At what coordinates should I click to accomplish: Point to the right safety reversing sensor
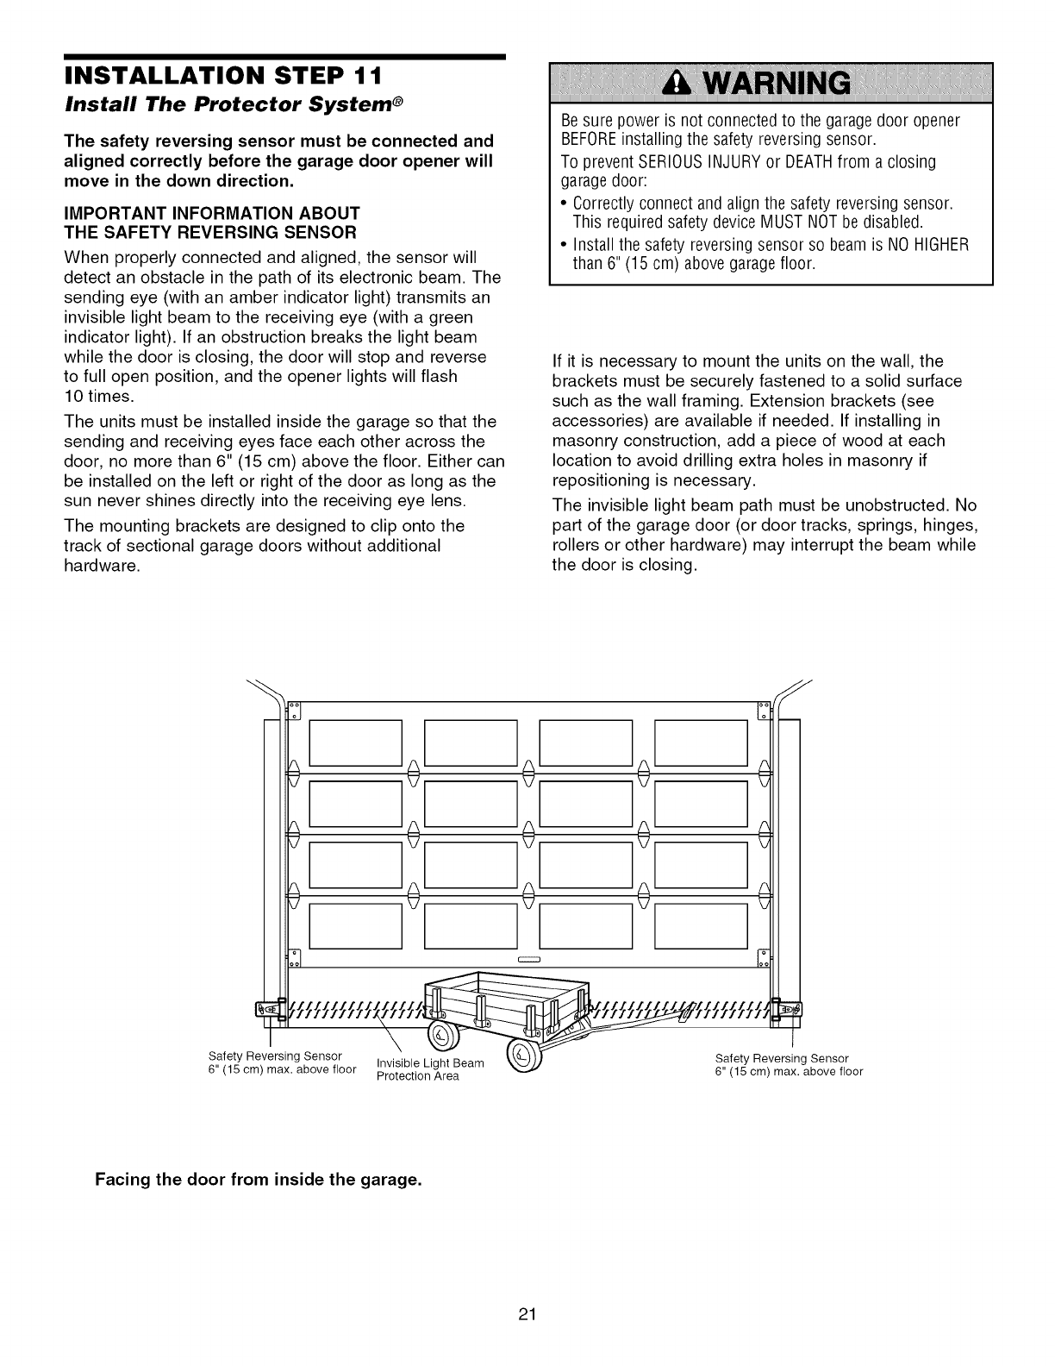pos(788,1009)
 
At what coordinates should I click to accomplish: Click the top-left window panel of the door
pos(355,743)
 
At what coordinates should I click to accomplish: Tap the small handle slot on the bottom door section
pos(528,959)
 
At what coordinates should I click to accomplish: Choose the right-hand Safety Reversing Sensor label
pos(789,1065)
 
